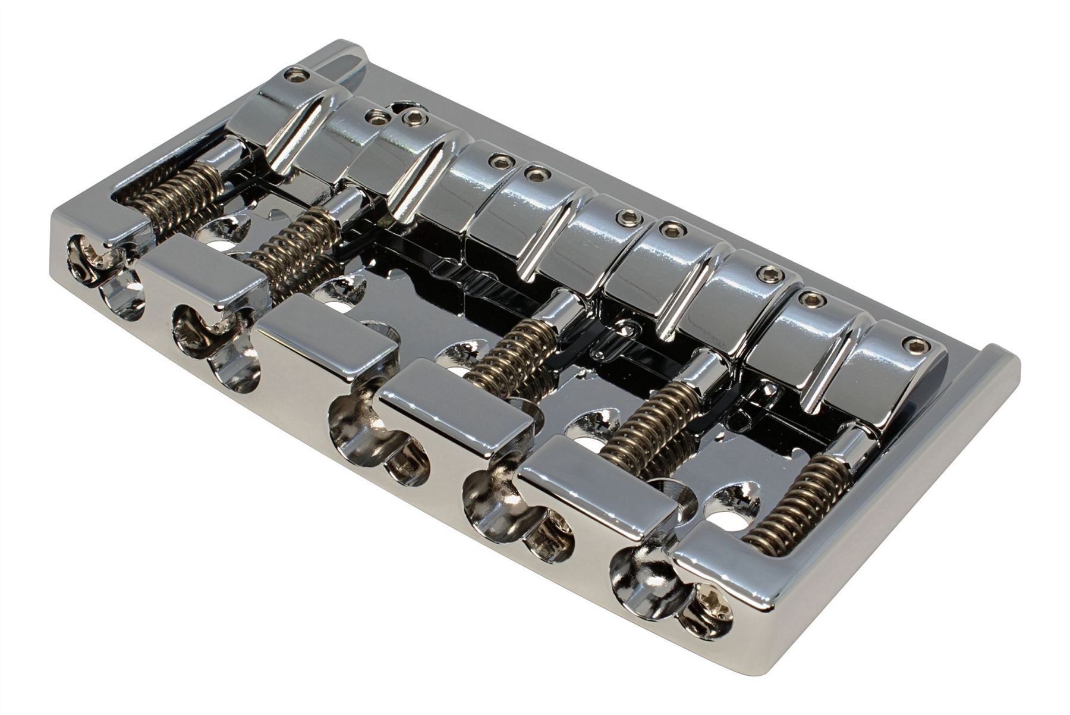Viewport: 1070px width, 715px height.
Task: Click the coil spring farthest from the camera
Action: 172,190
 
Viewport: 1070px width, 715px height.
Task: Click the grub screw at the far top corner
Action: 292,74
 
